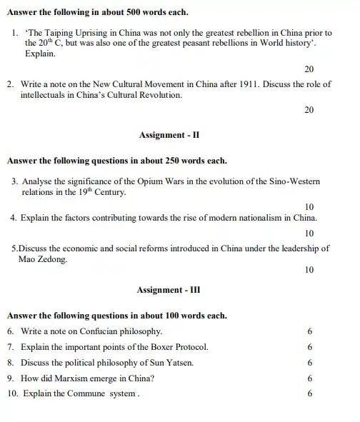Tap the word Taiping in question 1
click(x=69, y=33)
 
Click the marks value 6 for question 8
click(x=310, y=363)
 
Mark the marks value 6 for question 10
click(x=310, y=394)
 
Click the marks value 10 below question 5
click(x=309, y=271)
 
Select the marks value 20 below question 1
click(x=309, y=69)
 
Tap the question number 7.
click(x=11, y=347)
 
